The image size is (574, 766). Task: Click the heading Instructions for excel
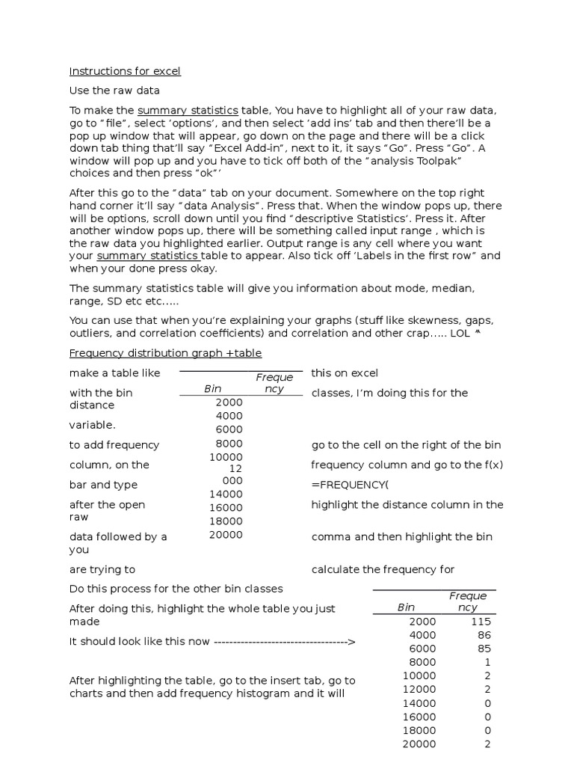point(125,72)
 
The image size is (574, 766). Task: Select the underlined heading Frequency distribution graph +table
point(165,353)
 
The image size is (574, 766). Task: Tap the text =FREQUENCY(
point(350,485)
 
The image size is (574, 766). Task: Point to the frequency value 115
point(481,622)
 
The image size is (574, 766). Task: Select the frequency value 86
point(484,635)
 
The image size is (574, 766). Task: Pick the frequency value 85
point(484,649)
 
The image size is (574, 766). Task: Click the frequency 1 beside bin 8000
point(487,662)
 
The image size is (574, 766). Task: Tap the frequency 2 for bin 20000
point(487,744)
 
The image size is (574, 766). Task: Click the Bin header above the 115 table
point(406,608)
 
